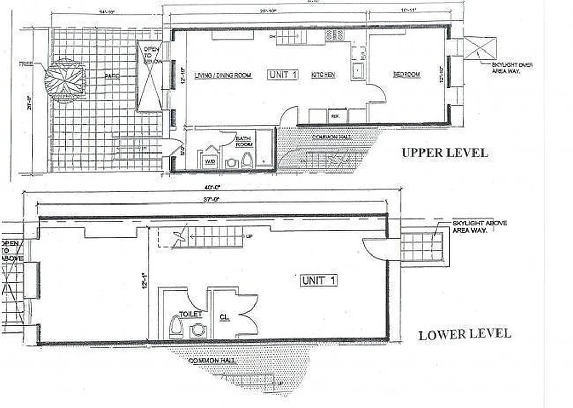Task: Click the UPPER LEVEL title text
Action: pyautogui.click(x=444, y=152)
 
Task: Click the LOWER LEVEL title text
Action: pyautogui.click(x=464, y=335)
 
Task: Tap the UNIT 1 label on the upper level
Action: pyautogui.click(x=283, y=75)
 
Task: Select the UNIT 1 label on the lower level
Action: pyautogui.click(x=318, y=280)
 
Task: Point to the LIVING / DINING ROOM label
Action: pyautogui.click(x=223, y=75)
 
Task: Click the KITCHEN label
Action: pyautogui.click(x=323, y=75)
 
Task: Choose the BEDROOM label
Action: pyautogui.click(x=407, y=74)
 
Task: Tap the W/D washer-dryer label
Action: pyautogui.click(x=210, y=163)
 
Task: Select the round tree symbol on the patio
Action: pyautogui.click(x=65, y=81)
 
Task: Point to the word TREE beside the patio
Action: pyautogui.click(x=26, y=65)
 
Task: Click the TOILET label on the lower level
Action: pyautogui.click(x=190, y=314)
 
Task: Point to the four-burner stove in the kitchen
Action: pyautogui.click(x=335, y=35)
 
